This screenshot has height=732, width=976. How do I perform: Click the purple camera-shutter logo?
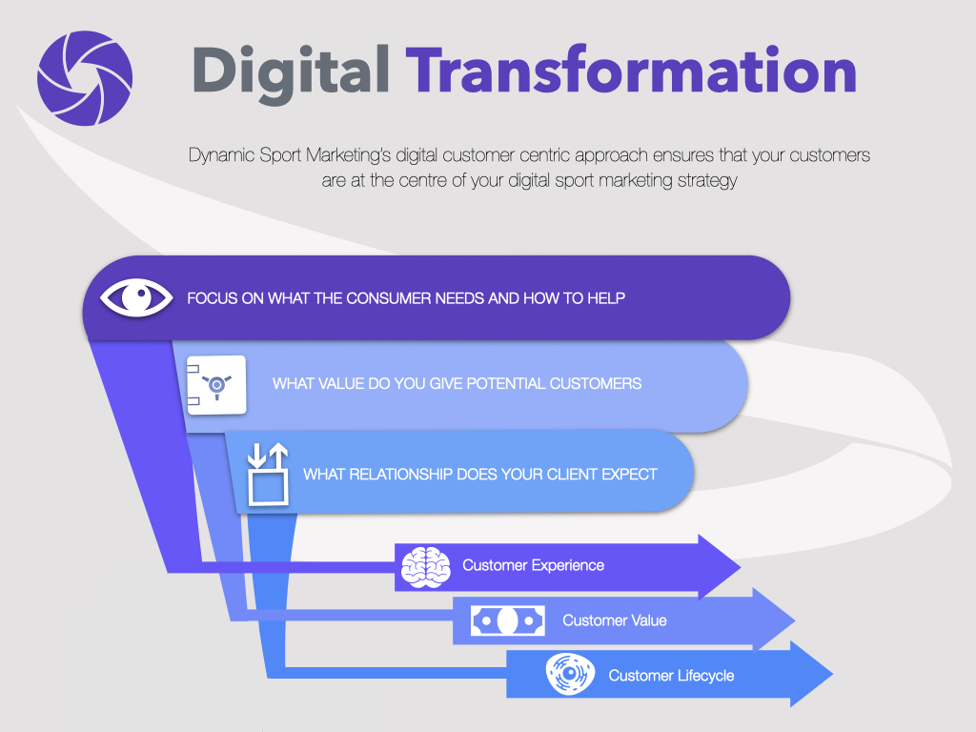pyautogui.click(x=85, y=78)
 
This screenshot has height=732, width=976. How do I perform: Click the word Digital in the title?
pyautogui.click(x=292, y=72)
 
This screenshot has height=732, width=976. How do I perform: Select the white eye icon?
pyautogui.click(x=136, y=297)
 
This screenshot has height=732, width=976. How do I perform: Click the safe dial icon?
pyautogui.click(x=216, y=385)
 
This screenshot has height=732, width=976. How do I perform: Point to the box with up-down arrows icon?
pyautogui.click(x=268, y=474)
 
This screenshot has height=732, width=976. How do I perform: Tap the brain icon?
pyautogui.click(x=426, y=567)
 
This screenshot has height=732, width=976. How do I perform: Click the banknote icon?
pyautogui.click(x=507, y=620)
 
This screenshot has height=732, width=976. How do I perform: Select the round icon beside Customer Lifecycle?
pyautogui.click(x=570, y=674)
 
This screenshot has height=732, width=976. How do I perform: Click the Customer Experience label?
pyautogui.click(x=533, y=565)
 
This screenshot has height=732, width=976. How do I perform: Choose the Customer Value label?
pyautogui.click(x=615, y=620)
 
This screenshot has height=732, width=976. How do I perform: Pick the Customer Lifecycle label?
pyautogui.click(x=671, y=676)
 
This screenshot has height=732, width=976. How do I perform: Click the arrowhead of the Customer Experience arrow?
pyautogui.click(x=740, y=567)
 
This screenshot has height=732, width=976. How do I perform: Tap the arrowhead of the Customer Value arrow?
pyautogui.click(x=794, y=620)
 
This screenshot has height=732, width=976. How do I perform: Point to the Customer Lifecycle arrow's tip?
pyautogui.click(x=832, y=674)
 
